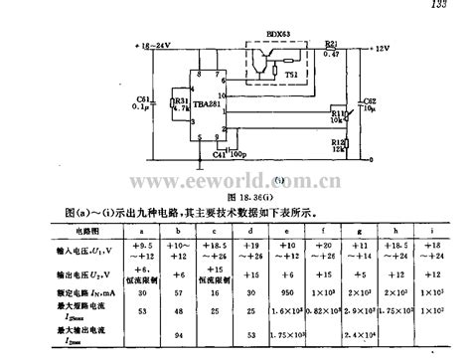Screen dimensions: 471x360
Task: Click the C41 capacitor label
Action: click(x=220, y=155)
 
